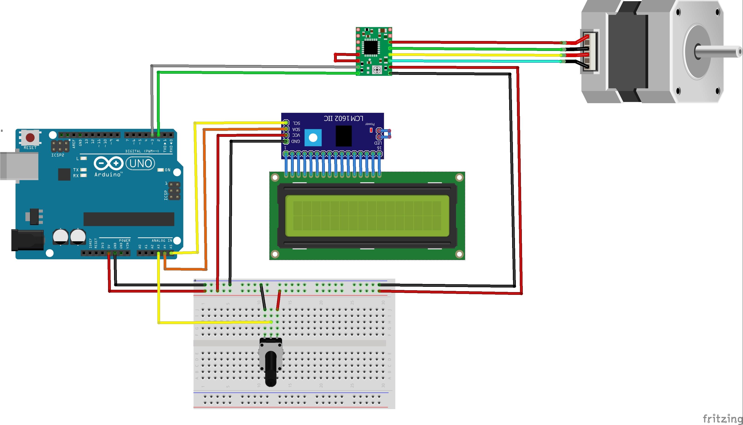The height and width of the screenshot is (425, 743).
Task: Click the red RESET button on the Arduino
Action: click(x=30, y=137)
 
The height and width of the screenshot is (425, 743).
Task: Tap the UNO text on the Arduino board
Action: click(x=141, y=164)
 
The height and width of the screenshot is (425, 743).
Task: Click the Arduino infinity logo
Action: click(x=108, y=163)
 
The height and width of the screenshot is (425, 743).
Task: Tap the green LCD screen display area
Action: click(x=367, y=216)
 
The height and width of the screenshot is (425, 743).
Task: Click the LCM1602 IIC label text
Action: click(x=343, y=118)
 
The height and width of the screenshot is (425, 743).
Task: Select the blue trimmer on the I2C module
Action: click(x=313, y=138)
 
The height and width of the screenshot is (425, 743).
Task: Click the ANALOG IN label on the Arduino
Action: click(x=162, y=240)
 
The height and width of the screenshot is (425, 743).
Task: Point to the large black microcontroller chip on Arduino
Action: click(x=129, y=219)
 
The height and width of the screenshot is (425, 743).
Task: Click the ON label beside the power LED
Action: click(x=167, y=170)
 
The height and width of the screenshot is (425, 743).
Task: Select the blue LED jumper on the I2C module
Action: click(x=385, y=134)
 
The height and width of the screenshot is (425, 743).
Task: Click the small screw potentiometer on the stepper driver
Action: click(x=377, y=70)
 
